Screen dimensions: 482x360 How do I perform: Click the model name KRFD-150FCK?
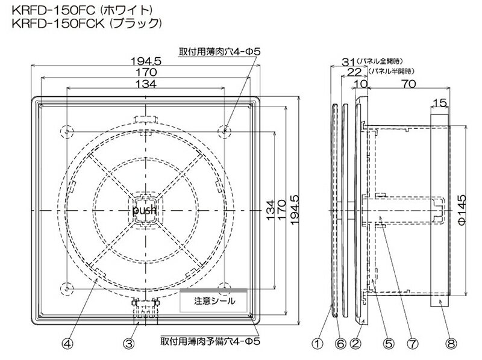[x=58, y=23]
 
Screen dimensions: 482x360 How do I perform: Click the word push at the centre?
[x=144, y=211]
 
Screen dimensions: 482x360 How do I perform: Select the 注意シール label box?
[x=213, y=301]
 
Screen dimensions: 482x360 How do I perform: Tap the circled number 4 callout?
[x=67, y=343]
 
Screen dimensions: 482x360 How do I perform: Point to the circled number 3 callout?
[x=128, y=343]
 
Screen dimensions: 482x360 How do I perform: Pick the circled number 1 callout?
[x=318, y=343]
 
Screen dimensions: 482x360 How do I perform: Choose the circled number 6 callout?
[x=340, y=343]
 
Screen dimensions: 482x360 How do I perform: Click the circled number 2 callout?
[x=355, y=343]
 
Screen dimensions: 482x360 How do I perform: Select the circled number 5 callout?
[x=389, y=343]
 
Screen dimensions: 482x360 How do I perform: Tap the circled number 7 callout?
[x=412, y=343]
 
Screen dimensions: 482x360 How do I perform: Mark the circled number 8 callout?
[x=451, y=343]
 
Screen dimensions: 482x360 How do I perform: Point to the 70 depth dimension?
[x=409, y=84]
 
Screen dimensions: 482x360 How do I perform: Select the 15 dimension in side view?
[x=440, y=103]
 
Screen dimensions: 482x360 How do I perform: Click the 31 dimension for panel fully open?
[x=348, y=62]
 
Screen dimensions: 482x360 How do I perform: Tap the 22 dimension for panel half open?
[x=354, y=72]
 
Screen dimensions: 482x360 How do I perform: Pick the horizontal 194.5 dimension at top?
[x=146, y=61]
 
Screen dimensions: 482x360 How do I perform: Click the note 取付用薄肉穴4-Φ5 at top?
[x=219, y=52]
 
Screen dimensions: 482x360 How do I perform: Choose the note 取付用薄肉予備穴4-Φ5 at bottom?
[x=210, y=341]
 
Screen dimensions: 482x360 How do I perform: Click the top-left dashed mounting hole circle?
[x=67, y=132]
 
